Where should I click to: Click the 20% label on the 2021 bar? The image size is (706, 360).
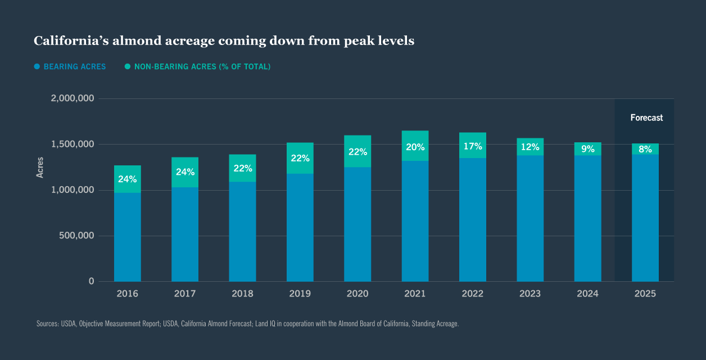[x=415, y=147]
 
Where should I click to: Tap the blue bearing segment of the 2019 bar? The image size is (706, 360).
[x=300, y=228]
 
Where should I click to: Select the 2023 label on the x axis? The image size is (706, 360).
[x=530, y=294]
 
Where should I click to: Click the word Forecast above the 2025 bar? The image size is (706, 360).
[x=646, y=118]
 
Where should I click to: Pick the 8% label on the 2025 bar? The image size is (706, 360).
[x=645, y=149]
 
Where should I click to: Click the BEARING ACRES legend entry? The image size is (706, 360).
[x=74, y=66]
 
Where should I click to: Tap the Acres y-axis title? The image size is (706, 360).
[x=40, y=167]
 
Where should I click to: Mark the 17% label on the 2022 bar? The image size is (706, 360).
[x=473, y=146]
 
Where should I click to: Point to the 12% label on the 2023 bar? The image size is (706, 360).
[x=530, y=147]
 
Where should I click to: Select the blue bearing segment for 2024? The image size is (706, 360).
[x=587, y=219]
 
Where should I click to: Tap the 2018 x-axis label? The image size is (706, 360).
[x=242, y=294]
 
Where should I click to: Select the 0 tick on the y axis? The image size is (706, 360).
[x=91, y=281]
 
